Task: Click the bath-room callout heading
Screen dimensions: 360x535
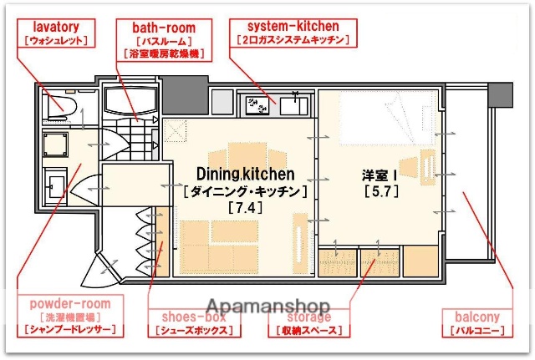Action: [x=163, y=27]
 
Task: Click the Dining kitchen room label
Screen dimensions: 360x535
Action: [x=245, y=175]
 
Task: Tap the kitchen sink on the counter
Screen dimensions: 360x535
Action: [x=293, y=105]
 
